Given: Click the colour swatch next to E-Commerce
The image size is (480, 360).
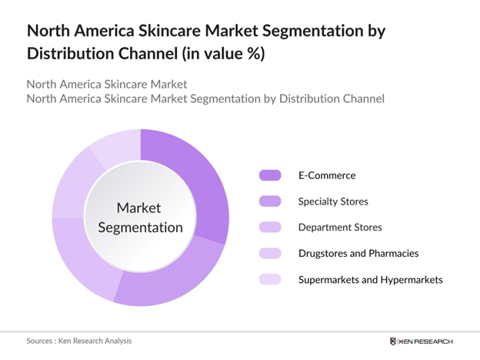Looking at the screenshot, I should (270, 175).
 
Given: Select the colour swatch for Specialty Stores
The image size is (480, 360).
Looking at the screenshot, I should (270, 202).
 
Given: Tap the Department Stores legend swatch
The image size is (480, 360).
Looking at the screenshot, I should (270, 228).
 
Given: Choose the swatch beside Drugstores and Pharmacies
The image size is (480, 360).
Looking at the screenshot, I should (270, 253).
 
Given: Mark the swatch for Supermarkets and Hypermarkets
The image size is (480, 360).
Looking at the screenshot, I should (270, 279).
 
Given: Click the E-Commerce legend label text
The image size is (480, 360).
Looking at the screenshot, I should (327, 175).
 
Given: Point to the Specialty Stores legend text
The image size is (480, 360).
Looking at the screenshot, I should (333, 202).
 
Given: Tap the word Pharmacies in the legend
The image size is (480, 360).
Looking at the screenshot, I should (393, 253).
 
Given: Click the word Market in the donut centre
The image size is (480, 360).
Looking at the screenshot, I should (139, 208).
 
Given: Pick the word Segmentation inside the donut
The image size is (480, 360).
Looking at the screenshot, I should (139, 227).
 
